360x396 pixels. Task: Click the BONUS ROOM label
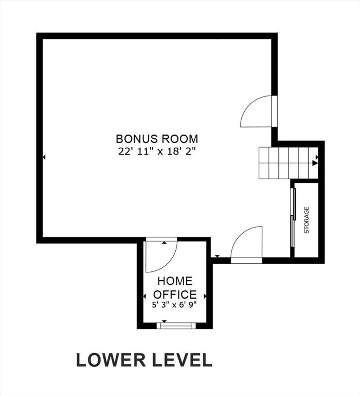157,139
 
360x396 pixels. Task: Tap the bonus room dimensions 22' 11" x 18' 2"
157,151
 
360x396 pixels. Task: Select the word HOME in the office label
175,281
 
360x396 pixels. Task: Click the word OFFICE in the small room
175,295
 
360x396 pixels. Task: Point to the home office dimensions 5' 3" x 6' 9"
174,305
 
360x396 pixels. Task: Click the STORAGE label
307,220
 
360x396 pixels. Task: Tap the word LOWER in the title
111,360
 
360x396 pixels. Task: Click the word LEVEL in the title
183,360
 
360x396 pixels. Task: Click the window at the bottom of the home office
176,326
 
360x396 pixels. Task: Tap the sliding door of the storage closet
293,218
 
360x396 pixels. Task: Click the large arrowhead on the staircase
315,163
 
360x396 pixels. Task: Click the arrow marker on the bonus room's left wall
44,157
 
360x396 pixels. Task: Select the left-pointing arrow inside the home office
144,296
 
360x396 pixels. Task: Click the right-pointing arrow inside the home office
205,296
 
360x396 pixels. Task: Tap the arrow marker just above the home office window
165,321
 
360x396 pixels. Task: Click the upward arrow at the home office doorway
165,243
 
